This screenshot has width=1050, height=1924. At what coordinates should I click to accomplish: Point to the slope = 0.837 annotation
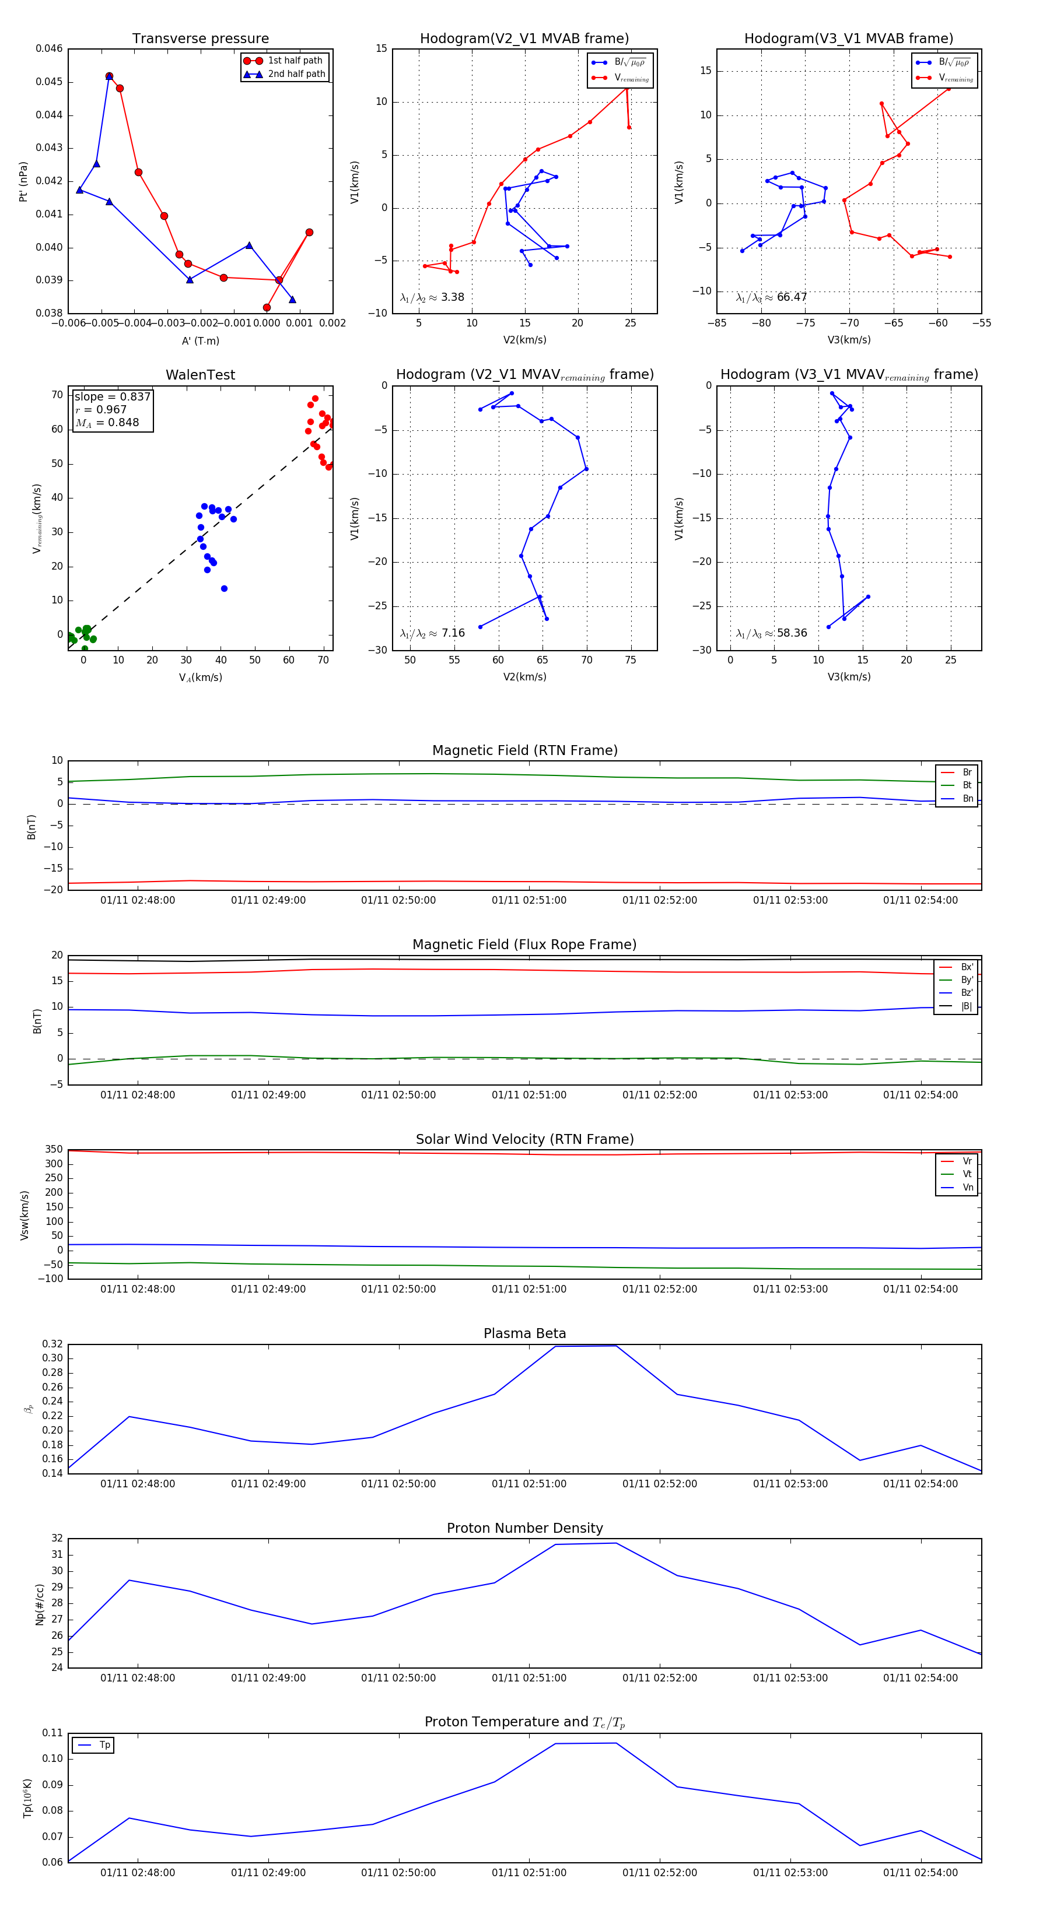[x=112, y=396]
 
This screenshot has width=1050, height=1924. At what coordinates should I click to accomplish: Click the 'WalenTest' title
[x=200, y=375]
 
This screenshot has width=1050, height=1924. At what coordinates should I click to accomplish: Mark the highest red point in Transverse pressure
[x=109, y=76]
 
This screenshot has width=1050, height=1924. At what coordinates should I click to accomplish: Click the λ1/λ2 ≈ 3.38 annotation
[x=432, y=297]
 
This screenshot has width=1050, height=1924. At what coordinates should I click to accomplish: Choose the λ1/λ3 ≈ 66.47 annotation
[x=771, y=297]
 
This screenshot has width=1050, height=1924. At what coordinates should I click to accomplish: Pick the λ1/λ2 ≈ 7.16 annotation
[x=432, y=633]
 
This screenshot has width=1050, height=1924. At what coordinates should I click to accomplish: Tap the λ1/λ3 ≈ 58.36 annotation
[x=771, y=633]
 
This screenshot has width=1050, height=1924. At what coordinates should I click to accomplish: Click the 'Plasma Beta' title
[x=524, y=1334]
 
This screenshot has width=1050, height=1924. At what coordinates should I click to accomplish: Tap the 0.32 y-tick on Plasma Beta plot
[x=52, y=1344]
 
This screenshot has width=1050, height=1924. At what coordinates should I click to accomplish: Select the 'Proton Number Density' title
[x=524, y=1528]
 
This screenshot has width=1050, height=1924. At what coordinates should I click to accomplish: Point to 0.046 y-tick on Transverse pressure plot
[x=50, y=48]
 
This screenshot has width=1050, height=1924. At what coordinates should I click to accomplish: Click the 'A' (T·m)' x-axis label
[x=200, y=340]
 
